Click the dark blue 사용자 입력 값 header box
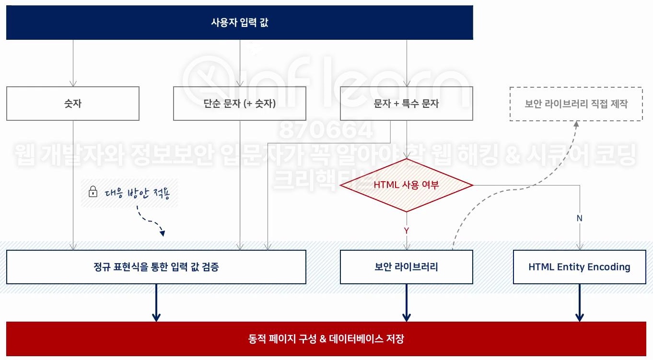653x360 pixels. (x=239, y=23)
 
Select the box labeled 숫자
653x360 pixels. (x=73, y=104)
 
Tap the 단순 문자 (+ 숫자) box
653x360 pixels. (x=239, y=104)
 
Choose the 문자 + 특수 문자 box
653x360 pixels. (x=406, y=104)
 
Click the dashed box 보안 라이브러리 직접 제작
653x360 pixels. (x=576, y=104)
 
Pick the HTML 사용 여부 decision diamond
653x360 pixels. (x=406, y=185)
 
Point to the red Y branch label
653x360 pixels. (x=406, y=231)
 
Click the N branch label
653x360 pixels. (x=579, y=218)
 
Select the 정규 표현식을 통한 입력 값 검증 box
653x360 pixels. (x=156, y=267)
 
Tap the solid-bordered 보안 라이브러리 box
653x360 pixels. (x=406, y=267)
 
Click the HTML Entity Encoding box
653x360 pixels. (x=579, y=267)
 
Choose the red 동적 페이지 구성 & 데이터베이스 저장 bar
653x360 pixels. (x=326, y=339)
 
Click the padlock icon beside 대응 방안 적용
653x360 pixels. (x=93, y=193)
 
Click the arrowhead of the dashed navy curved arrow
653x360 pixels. (x=162, y=233)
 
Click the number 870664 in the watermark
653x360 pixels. (x=326, y=130)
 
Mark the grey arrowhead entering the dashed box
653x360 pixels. (x=576, y=124)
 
